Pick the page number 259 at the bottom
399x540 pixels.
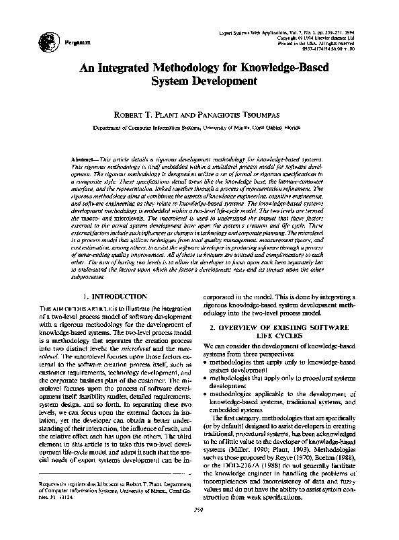point(199,529)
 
